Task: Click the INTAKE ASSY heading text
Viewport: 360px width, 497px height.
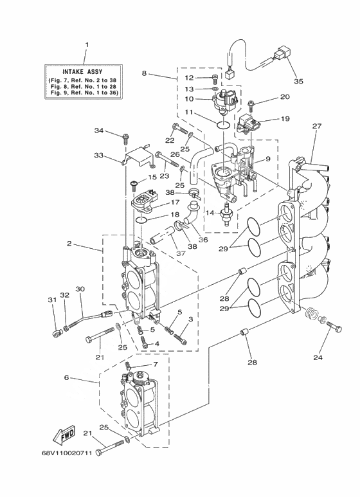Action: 82,72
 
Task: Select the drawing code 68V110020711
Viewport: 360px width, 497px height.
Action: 67,453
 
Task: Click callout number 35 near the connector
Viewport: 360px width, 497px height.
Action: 298,81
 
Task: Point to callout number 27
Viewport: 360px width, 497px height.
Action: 316,126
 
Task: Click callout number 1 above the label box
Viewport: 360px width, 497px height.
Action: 87,45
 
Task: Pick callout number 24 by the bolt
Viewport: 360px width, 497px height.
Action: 318,357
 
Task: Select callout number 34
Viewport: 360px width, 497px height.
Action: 99,131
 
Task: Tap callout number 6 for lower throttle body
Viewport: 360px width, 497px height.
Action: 66,377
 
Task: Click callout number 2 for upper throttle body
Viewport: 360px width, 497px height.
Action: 69,244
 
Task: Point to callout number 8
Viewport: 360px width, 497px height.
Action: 144,73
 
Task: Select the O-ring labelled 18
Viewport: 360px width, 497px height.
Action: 141,220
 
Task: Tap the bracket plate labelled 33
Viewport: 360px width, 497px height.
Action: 139,157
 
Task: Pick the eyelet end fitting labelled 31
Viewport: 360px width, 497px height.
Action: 57,333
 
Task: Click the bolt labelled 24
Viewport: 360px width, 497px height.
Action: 334,327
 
